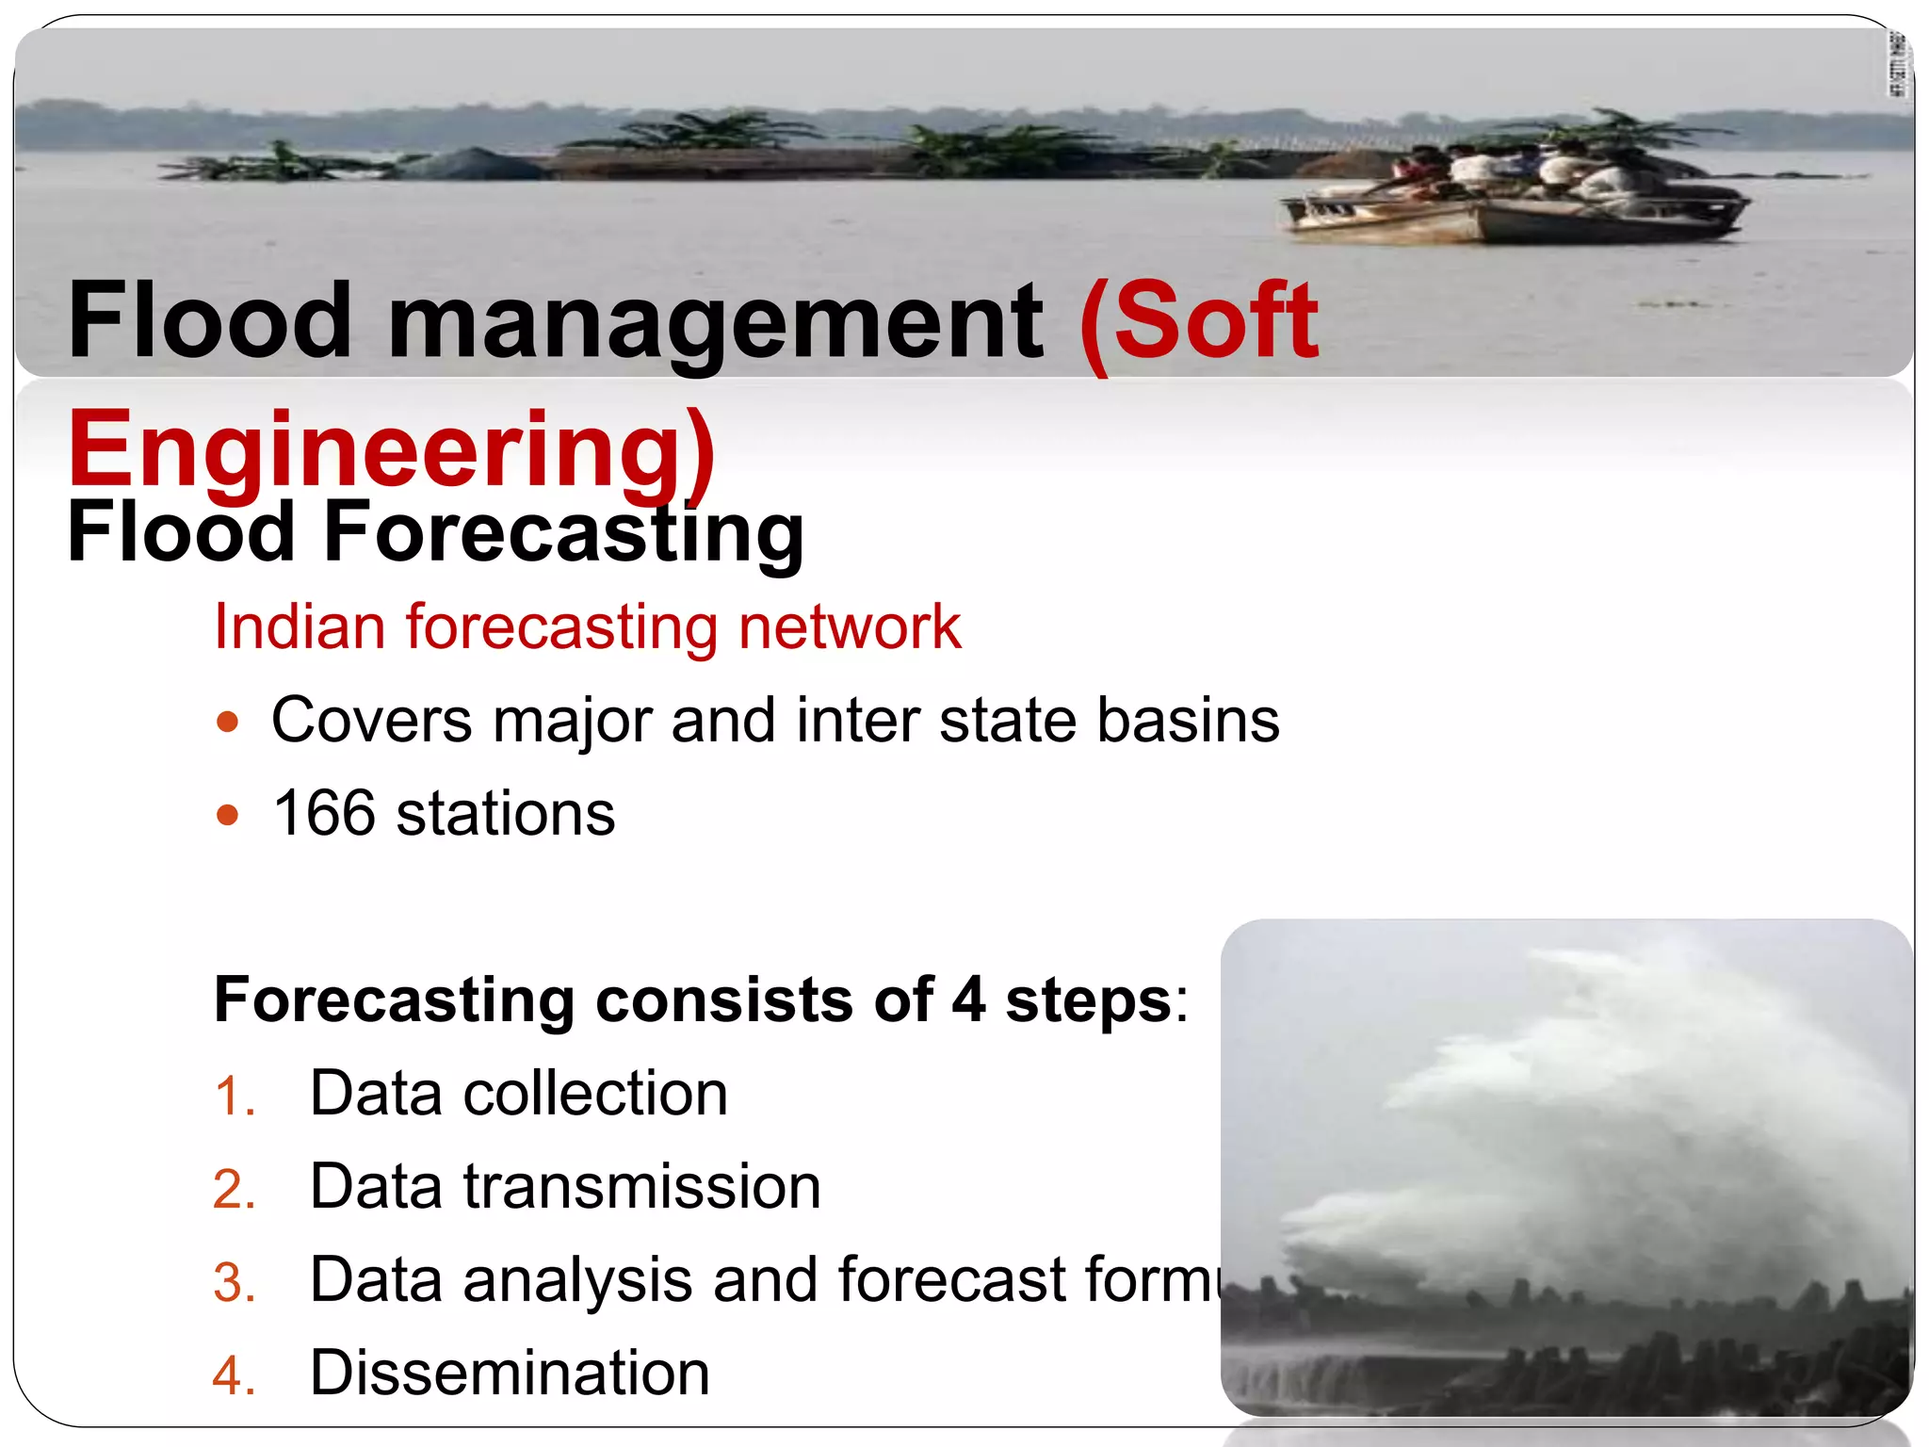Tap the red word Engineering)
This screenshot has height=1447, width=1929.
(392, 450)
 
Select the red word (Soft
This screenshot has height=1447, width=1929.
(1199, 323)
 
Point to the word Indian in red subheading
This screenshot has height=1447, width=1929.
(300, 627)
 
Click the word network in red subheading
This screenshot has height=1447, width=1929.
(850, 627)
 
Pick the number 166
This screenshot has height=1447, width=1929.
(324, 813)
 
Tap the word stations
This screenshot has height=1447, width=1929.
(505, 814)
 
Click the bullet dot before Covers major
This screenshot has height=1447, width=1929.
(227, 723)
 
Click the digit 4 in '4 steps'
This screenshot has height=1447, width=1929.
(968, 1000)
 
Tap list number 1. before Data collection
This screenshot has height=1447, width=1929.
(235, 1097)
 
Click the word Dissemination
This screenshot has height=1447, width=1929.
(510, 1373)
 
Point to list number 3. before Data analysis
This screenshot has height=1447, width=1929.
(235, 1283)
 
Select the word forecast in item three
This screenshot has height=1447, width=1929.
(951, 1280)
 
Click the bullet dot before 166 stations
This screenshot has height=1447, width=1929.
(227, 815)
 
